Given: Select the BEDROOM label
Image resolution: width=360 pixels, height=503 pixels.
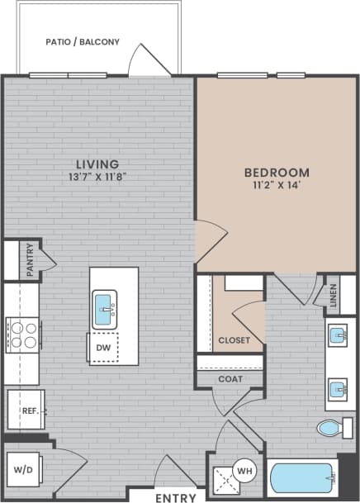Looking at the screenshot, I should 277,173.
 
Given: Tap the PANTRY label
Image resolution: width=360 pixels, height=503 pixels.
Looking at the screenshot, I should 29,259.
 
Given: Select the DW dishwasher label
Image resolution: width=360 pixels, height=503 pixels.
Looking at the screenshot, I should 103,348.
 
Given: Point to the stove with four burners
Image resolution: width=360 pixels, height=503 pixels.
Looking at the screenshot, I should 23,335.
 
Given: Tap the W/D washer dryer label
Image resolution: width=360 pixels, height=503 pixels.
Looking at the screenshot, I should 22,472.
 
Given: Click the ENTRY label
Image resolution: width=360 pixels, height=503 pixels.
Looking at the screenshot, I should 174,497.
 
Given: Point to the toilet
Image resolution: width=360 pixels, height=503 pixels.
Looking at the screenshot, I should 334,428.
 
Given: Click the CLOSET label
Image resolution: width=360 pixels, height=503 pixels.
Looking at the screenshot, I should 233,340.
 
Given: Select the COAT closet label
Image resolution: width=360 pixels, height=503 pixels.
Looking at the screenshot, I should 231,379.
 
